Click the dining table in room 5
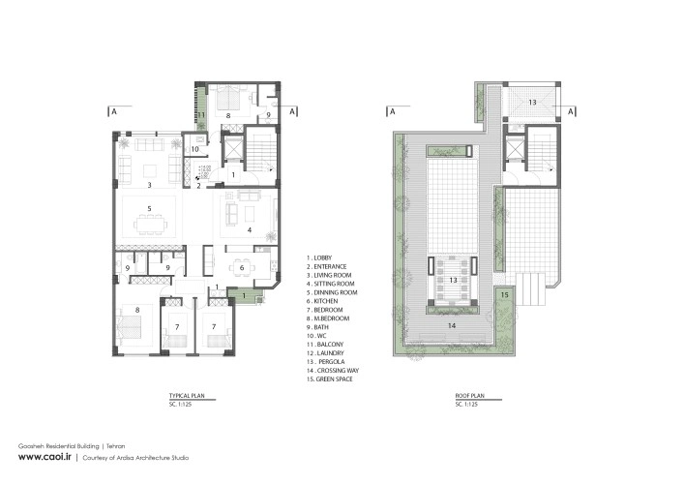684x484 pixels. (x=150, y=225)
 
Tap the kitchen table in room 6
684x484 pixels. (x=242, y=267)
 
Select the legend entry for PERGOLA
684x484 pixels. (x=325, y=362)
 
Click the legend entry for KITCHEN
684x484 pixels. (x=322, y=301)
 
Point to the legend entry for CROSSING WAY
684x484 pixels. (x=333, y=371)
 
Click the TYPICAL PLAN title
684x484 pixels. (x=187, y=396)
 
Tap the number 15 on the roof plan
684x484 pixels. (x=504, y=295)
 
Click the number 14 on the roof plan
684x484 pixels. (x=452, y=325)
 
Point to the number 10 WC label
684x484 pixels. (x=194, y=149)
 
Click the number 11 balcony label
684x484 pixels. (x=201, y=115)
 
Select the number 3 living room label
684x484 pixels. (x=149, y=185)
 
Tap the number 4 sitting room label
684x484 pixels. (x=250, y=229)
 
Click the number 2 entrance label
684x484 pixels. (x=198, y=186)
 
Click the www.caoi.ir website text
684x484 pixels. (x=45, y=457)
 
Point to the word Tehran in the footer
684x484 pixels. (x=115, y=446)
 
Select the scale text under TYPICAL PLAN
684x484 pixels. (x=180, y=404)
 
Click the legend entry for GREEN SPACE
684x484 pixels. (x=329, y=379)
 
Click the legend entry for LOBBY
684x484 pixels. (x=319, y=257)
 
